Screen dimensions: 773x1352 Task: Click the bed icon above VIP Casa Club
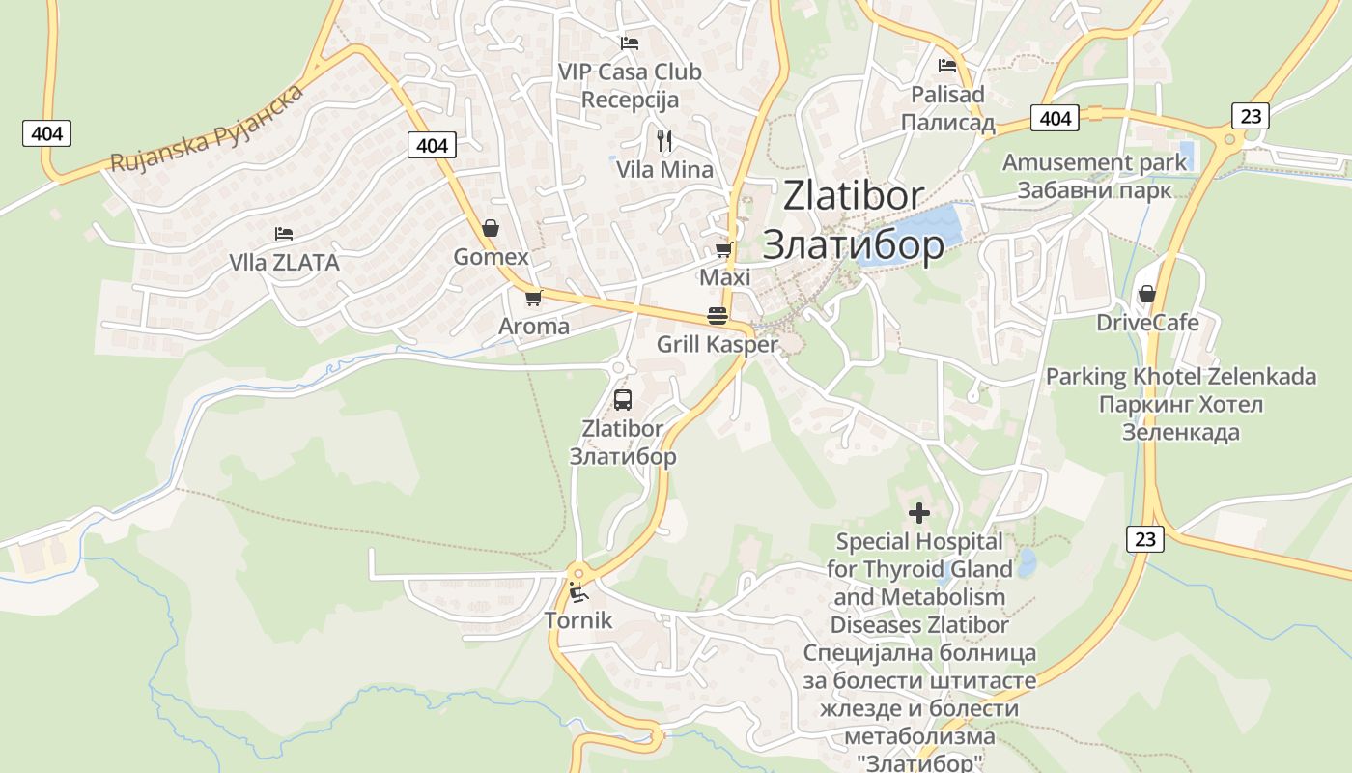tap(629, 43)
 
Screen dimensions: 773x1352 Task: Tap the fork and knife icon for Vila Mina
tap(663, 141)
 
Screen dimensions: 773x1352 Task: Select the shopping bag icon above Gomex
tap(491, 228)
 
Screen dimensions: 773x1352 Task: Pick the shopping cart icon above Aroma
tap(533, 298)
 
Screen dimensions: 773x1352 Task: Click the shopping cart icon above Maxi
tap(723, 250)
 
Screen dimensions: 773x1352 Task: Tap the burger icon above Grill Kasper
tap(717, 316)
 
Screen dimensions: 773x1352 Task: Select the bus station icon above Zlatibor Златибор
tap(623, 400)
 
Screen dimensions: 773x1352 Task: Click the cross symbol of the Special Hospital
tap(918, 512)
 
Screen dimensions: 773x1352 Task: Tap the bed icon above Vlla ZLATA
tap(283, 234)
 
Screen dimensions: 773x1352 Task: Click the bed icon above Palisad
tap(947, 66)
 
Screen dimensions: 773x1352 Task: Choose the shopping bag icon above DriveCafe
tap(1147, 294)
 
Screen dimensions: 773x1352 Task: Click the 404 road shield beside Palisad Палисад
tap(1056, 118)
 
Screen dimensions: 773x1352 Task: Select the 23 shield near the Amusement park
tap(1251, 116)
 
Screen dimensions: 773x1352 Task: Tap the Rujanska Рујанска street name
tap(207, 129)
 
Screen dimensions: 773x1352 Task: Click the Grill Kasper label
tap(717, 345)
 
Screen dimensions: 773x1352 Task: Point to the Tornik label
tap(578, 620)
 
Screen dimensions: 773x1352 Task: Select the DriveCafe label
tap(1147, 323)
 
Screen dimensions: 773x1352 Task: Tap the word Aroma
tap(534, 327)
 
